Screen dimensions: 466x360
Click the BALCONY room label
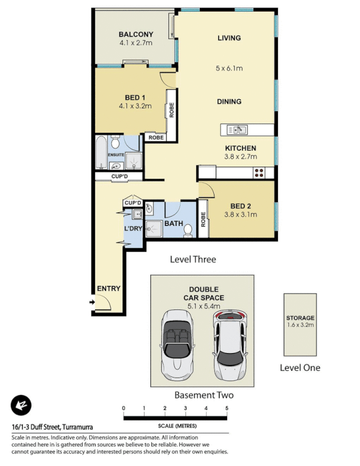coord(135,34)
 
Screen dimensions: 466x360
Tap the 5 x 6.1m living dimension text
coord(229,68)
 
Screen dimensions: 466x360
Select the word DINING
coord(229,101)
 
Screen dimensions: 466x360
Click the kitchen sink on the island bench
coord(238,129)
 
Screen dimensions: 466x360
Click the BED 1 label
coord(135,97)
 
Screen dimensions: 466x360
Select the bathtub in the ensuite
coord(101,153)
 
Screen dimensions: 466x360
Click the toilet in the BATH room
coord(188,231)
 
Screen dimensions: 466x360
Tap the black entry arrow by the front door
coord(91,302)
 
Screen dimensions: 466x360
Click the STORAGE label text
coord(300,318)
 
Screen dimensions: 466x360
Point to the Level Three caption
coord(192,259)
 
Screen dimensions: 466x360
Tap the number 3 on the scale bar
coord(185,408)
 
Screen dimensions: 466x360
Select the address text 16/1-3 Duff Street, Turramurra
coord(52,427)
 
